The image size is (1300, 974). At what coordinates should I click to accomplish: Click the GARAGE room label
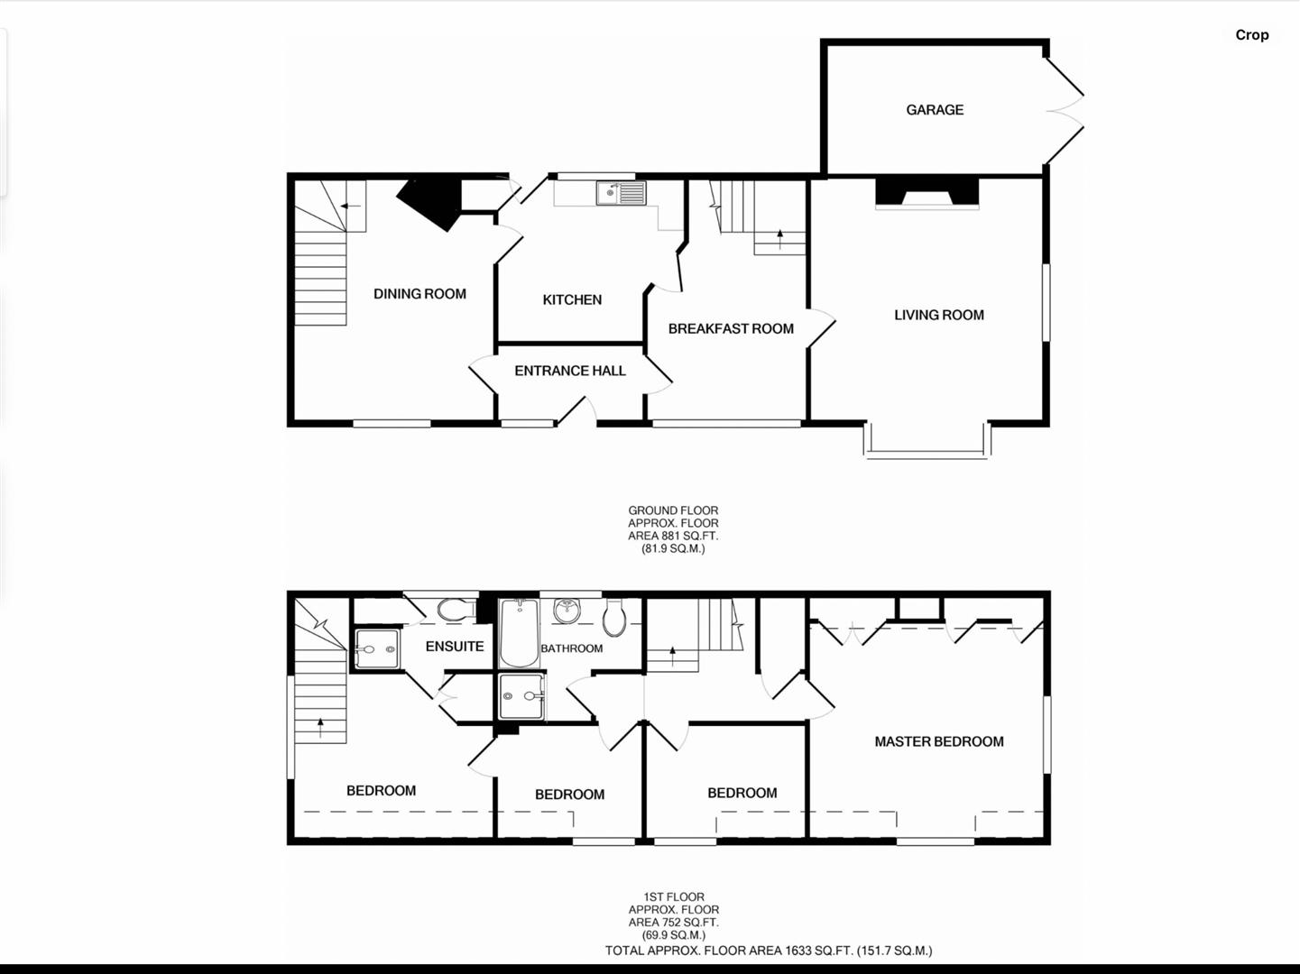point(935,110)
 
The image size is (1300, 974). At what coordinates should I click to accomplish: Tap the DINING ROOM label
point(420,294)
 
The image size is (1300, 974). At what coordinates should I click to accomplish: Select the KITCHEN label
point(572,299)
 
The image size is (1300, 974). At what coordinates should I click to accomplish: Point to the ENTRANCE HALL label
point(570,371)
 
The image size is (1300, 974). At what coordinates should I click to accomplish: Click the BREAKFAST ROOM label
point(731,329)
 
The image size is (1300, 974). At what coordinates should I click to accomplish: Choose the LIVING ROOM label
point(939,315)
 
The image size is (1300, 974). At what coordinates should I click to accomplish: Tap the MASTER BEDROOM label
point(939,741)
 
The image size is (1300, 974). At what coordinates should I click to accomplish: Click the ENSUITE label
point(455,646)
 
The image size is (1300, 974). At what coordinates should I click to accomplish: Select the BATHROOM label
point(572,648)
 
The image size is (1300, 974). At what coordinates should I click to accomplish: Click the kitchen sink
point(621,193)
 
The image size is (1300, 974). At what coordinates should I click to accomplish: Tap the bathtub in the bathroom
point(519,633)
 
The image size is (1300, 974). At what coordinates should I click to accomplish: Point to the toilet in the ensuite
point(456,611)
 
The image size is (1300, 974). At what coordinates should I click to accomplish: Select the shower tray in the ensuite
point(376,648)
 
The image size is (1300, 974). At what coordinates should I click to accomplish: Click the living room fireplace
point(927,194)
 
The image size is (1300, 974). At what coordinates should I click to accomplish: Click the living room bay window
point(927,443)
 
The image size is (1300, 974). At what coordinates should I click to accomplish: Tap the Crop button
point(1251,35)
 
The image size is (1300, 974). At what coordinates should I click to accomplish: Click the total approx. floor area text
point(769,951)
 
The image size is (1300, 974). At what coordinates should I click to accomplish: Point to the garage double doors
point(1065,111)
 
